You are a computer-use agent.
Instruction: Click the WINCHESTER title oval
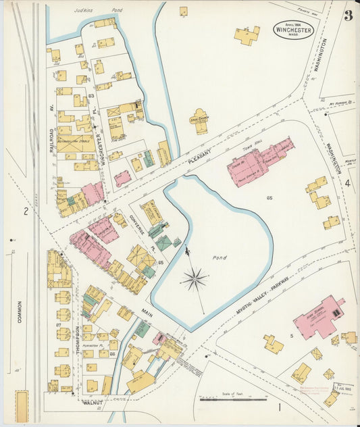point(294,29)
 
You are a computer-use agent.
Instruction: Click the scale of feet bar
point(224,399)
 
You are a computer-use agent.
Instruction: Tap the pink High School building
point(318,318)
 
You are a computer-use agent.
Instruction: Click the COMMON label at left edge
point(20,311)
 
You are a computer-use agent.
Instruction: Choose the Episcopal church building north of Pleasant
point(201,121)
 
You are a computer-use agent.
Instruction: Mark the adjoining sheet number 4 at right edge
point(348,182)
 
